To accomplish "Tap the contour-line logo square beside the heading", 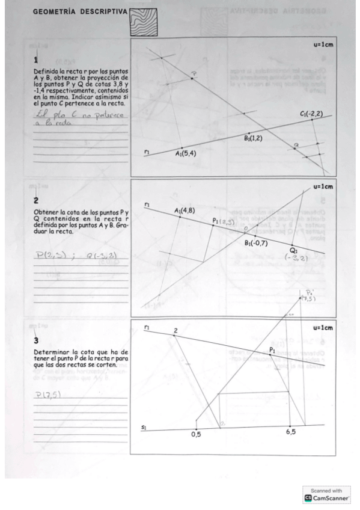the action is click(x=143, y=22).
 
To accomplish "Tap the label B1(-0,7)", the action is click(x=257, y=243).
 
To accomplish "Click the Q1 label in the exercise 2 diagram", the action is click(x=293, y=249).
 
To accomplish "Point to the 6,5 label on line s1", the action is click(x=290, y=433).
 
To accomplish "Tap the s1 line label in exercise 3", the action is click(x=144, y=427).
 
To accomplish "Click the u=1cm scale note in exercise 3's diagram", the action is click(x=321, y=328).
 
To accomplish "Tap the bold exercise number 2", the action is click(x=35, y=201).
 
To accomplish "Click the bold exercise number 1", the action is click(x=35, y=60).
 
